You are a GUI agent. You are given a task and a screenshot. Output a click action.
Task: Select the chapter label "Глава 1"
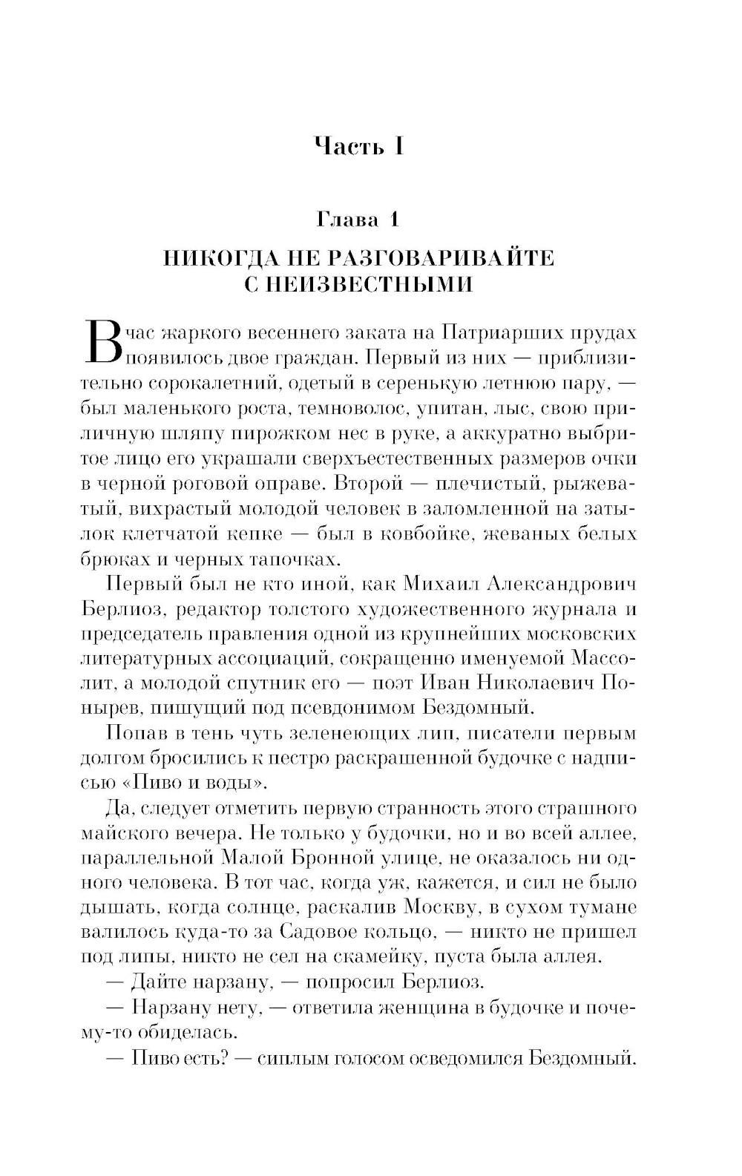tap(358, 220)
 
